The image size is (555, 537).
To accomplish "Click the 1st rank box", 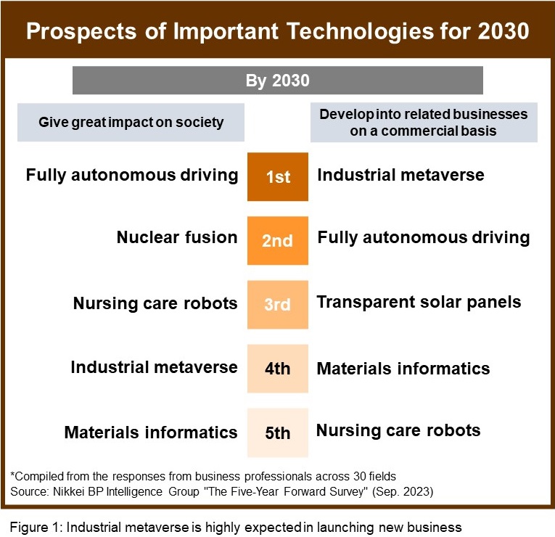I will (x=277, y=176).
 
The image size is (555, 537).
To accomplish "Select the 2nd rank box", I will (x=277, y=240).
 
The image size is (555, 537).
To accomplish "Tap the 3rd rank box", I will (x=277, y=304).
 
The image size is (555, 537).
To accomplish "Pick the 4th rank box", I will (x=277, y=368).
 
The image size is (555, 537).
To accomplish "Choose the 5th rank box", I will (x=277, y=433).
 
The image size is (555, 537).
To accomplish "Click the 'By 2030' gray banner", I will (x=277, y=80).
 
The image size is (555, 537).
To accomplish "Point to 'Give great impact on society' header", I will (x=131, y=122).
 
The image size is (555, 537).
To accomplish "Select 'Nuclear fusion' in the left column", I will (x=177, y=237).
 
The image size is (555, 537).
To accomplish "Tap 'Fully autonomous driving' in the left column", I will (x=132, y=175).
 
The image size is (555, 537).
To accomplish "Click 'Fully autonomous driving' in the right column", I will (x=424, y=237).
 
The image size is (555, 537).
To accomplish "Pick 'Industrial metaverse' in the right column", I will (x=400, y=175).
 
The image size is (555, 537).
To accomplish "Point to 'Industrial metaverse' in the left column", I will (x=154, y=366).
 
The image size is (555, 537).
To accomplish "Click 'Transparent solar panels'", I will (x=419, y=301).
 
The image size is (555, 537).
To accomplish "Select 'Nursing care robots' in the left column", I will (x=155, y=303).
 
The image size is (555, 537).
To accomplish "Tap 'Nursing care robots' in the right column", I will (x=398, y=430).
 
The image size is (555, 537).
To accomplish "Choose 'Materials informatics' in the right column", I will (x=403, y=368).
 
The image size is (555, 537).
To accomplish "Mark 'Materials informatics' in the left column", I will (x=151, y=433).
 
